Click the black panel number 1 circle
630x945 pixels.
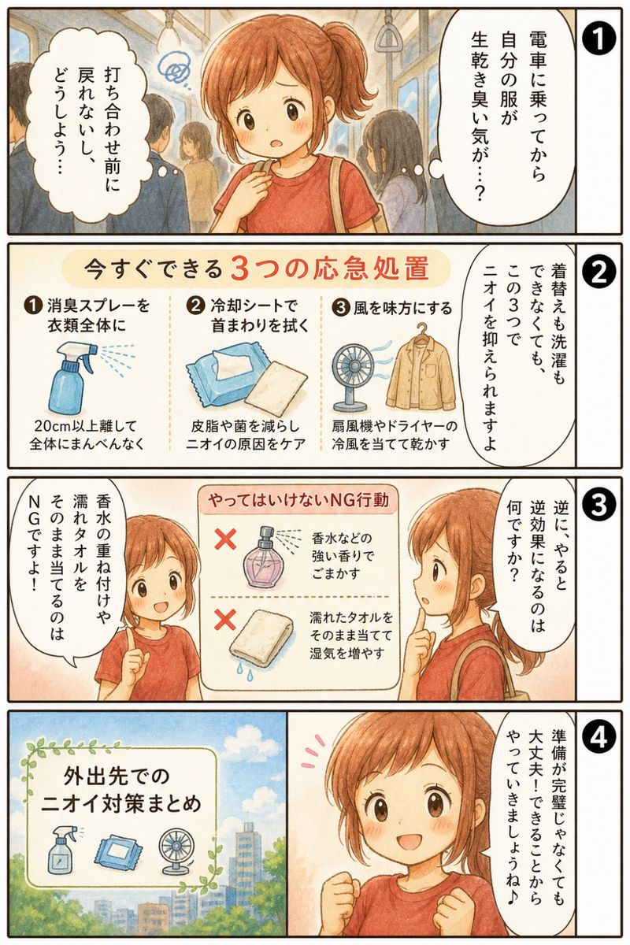(x=598, y=38)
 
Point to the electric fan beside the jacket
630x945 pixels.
(x=351, y=376)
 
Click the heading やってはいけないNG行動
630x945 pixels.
(x=298, y=500)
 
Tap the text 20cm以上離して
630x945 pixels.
(x=86, y=426)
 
